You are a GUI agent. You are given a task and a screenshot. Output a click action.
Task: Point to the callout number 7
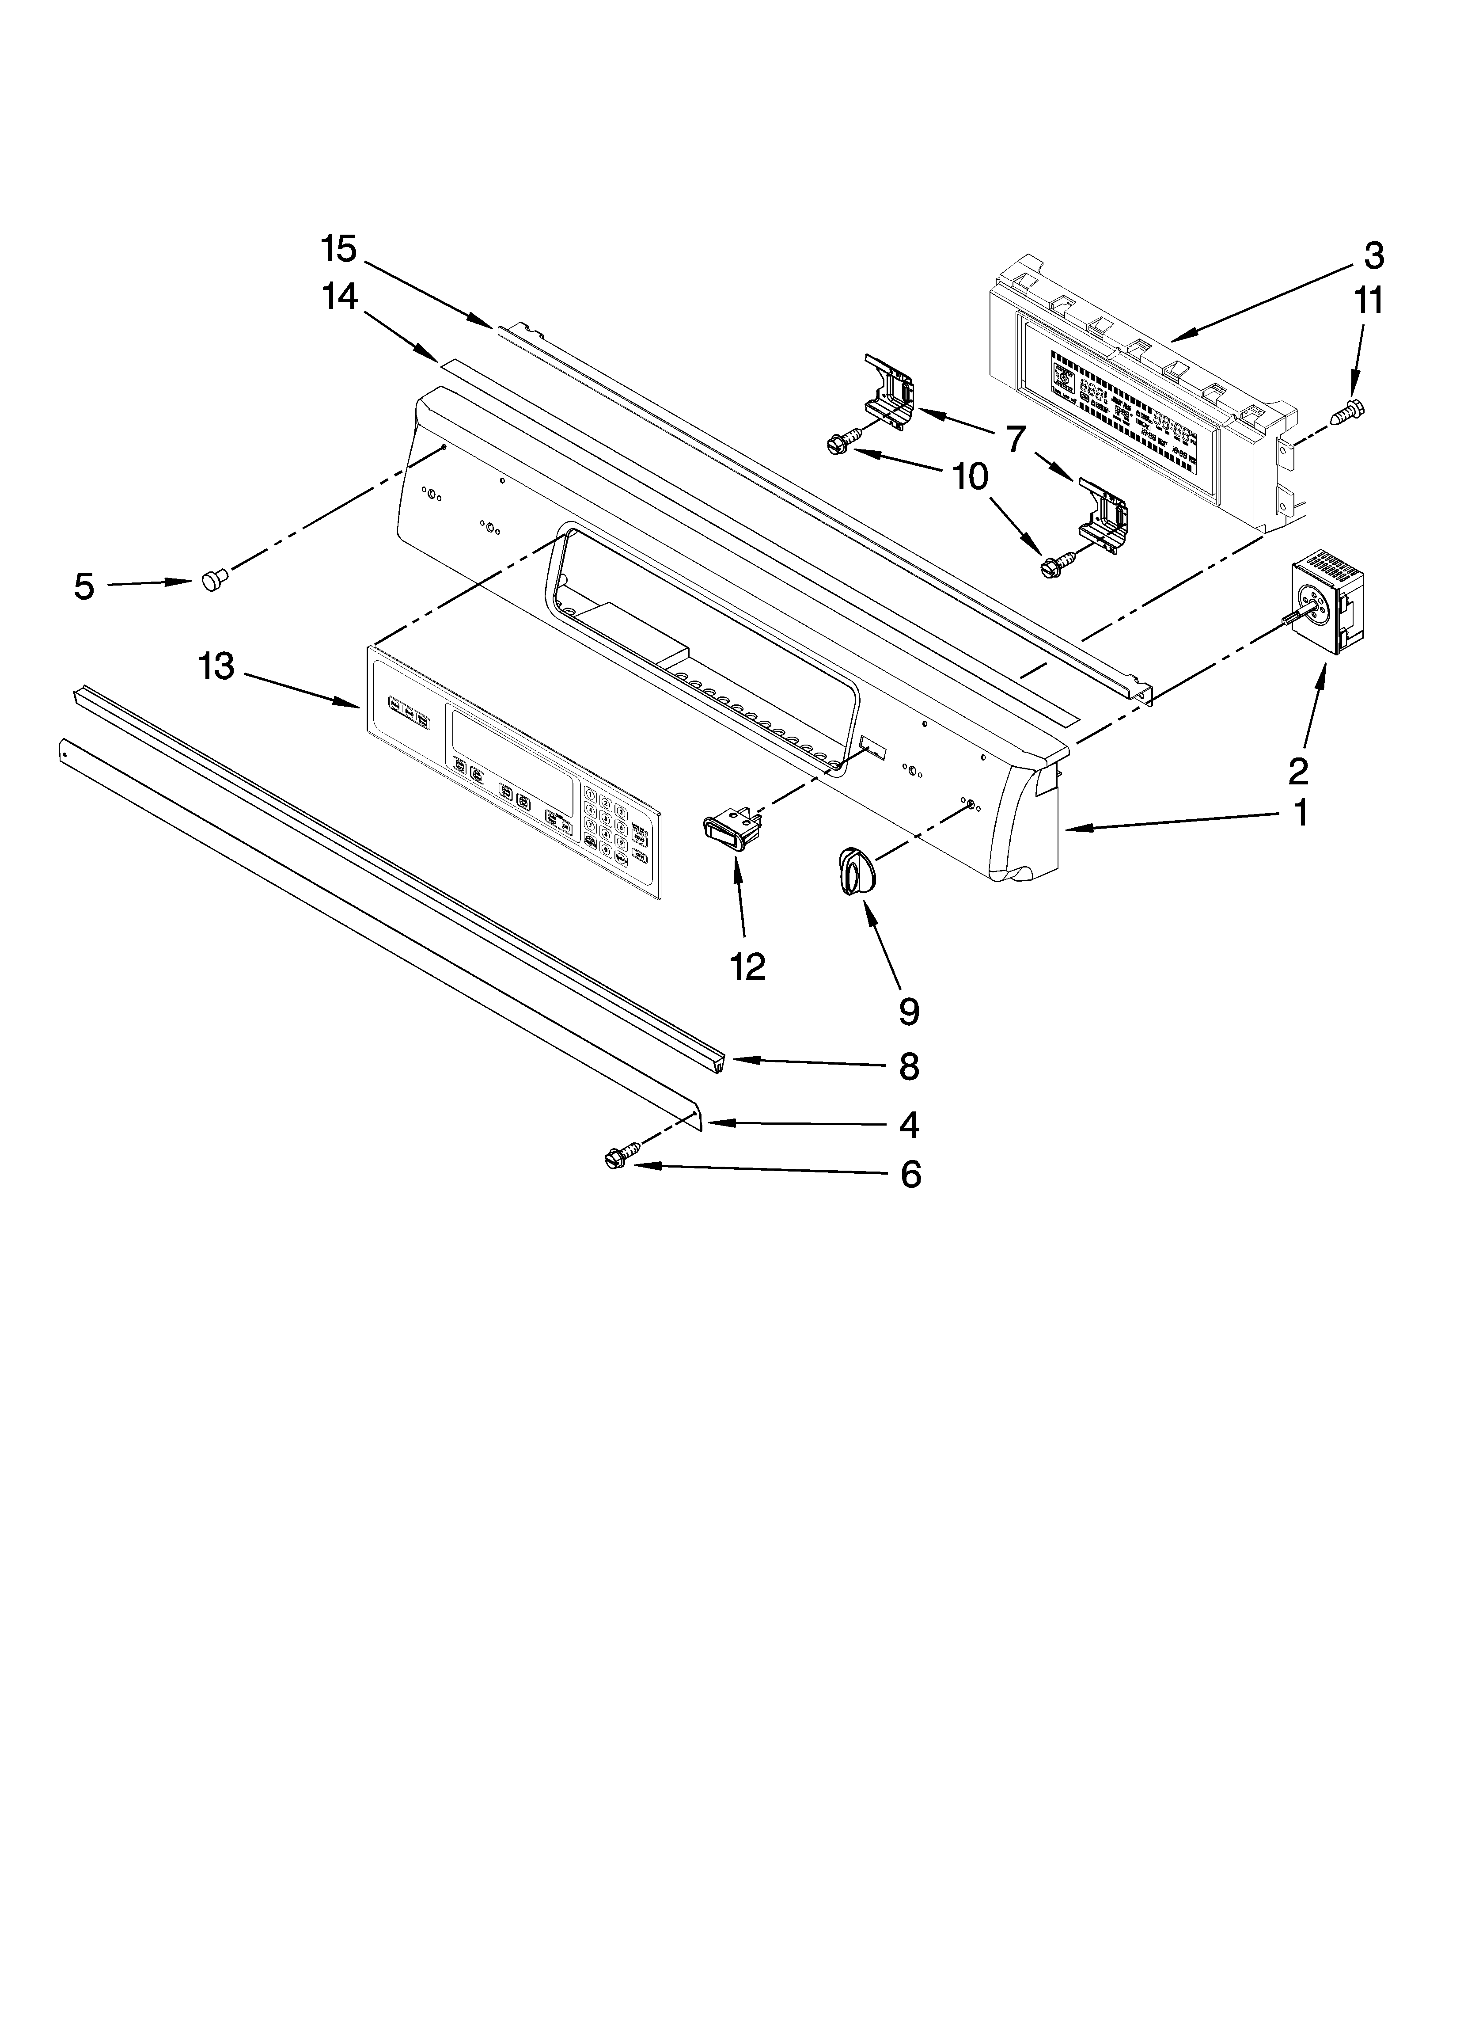(x=1015, y=440)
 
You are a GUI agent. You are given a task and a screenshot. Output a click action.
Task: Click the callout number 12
(x=747, y=966)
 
